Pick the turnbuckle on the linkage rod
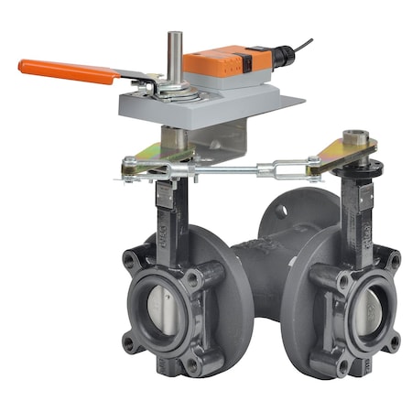(275, 168)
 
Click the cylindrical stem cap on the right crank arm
(359, 140)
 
